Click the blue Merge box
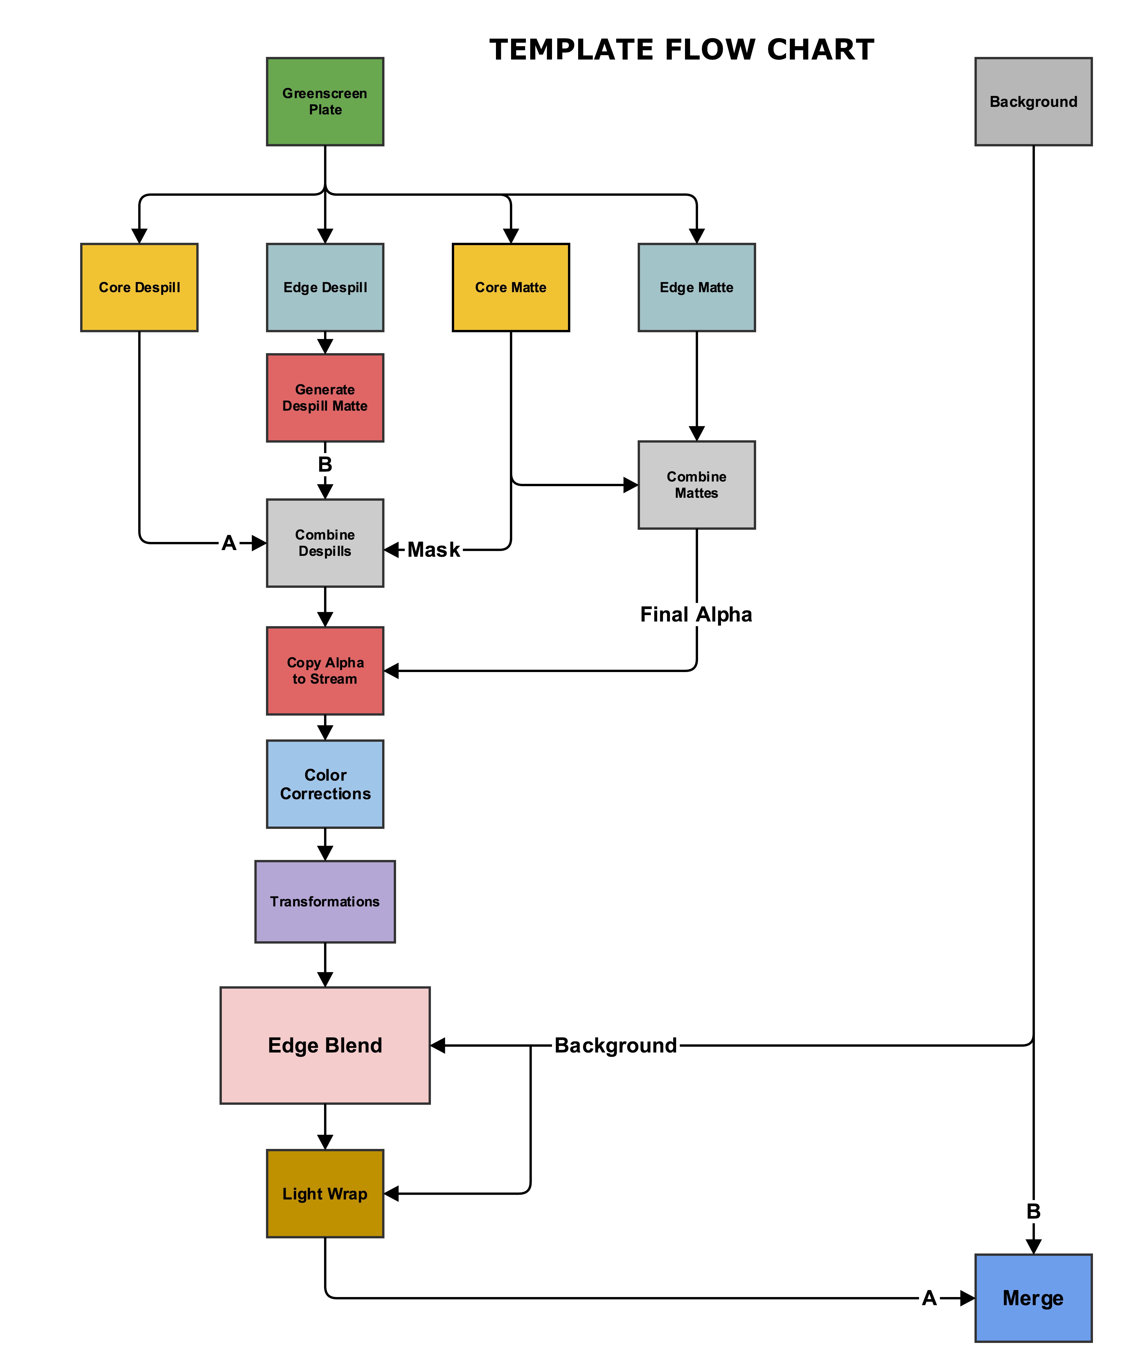point(1033,1298)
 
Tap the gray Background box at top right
point(1033,101)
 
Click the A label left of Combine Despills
point(229,543)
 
